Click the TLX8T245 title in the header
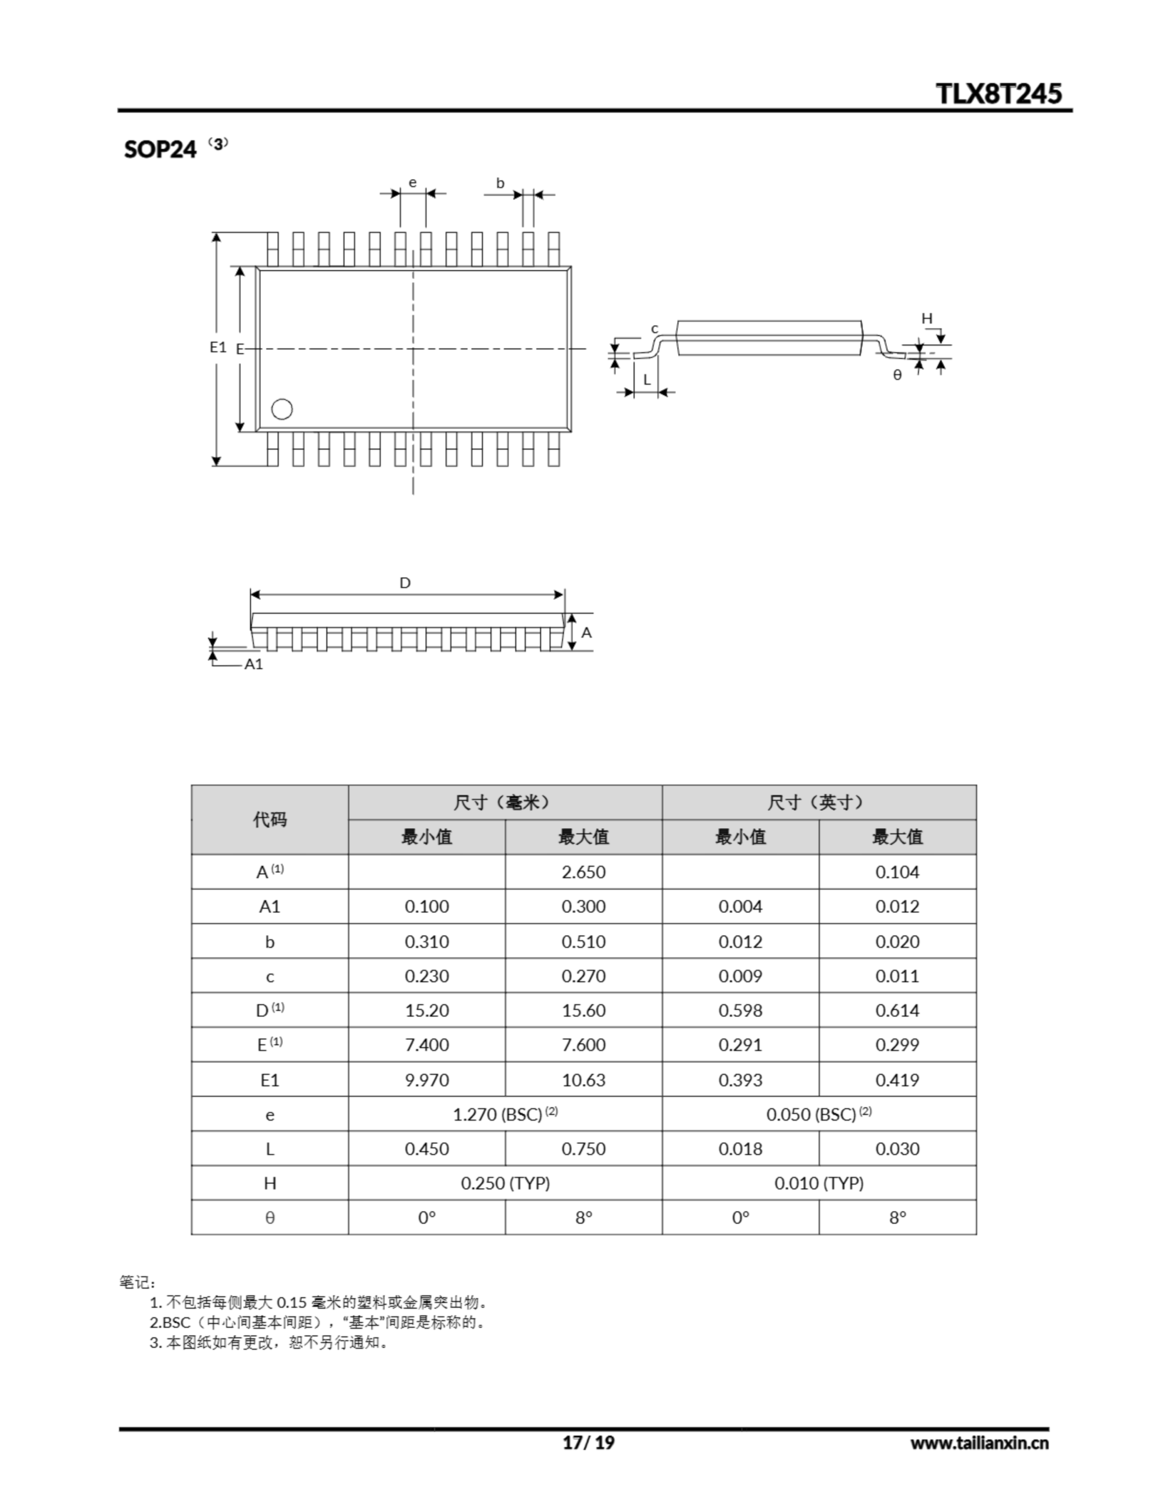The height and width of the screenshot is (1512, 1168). (x=999, y=93)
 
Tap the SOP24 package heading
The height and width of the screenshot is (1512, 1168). (x=160, y=149)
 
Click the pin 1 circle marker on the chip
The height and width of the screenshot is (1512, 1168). (x=282, y=409)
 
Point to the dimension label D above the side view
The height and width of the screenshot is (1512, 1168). (x=405, y=583)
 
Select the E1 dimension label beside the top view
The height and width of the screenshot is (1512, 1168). (x=218, y=347)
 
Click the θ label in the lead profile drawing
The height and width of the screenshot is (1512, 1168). (x=898, y=375)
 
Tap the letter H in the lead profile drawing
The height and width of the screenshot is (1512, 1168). (x=927, y=318)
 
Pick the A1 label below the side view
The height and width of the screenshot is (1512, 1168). (x=254, y=664)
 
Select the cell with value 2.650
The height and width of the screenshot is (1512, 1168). (x=583, y=872)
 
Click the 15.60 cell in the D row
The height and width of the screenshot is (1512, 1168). (x=583, y=1010)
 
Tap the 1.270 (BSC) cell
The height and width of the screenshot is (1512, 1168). (x=505, y=1114)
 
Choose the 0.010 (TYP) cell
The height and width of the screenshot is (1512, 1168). (x=819, y=1183)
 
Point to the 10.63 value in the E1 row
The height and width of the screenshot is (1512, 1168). (x=583, y=1079)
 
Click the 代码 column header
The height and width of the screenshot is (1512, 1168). (x=269, y=820)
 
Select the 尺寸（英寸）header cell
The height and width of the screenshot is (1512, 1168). (x=819, y=803)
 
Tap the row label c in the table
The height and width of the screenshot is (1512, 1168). (x=269, y=976)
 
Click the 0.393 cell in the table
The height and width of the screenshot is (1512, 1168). (x=740, y=1079)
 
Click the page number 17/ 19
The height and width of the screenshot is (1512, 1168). (x=589, y=1442)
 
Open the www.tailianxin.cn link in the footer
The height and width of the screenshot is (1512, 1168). (x=979, y=1443)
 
